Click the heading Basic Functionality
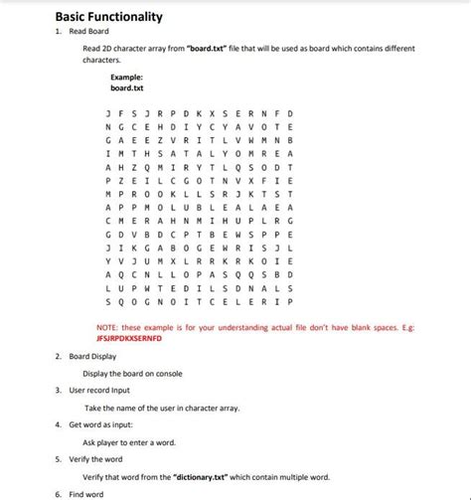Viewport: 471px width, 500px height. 108,17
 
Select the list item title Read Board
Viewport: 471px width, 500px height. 88,32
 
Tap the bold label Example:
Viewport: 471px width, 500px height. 126,76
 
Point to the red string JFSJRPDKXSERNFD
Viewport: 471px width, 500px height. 130,338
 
